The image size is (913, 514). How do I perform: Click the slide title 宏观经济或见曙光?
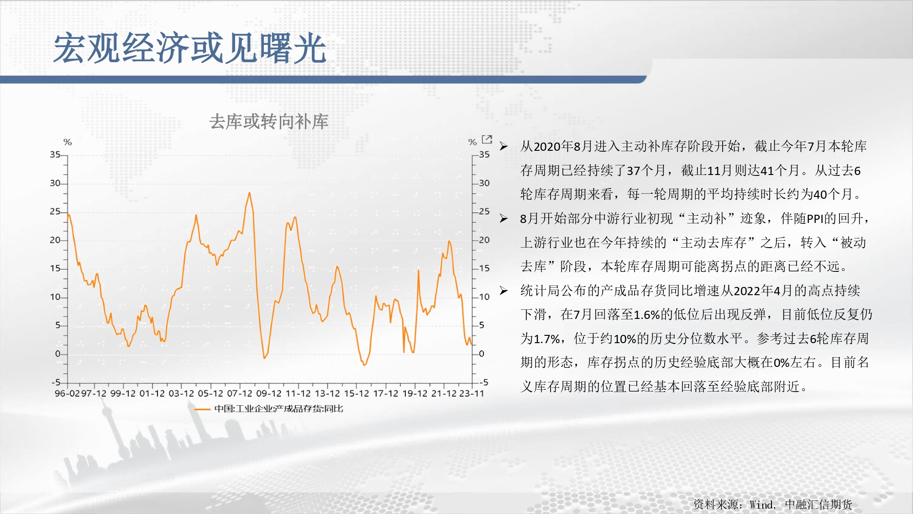click(x=190, y=48)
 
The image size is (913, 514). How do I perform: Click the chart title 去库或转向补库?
click(x=269, y=122)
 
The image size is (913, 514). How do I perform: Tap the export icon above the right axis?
click(x=487, y=139)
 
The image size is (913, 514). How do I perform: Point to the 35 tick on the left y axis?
click(x=55, y=154)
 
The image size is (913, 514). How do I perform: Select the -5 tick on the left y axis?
click(x=56, y=382)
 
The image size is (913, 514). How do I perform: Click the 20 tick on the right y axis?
click(x=484, y=240)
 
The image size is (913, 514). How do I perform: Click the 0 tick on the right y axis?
click(x=482, y=354)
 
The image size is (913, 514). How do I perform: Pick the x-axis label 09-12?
click(x=269, y=393)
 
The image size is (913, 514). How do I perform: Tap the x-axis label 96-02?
click(x=67, y=393)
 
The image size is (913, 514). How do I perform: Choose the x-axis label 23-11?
click(x=472, y=393)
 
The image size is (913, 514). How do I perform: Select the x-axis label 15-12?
click(x=357, y=393)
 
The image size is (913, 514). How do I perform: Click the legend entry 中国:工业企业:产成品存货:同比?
click(x=278, y=408)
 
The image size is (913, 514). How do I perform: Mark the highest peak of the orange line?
click(x=249, y=193)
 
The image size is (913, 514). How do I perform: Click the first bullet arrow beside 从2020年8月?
click(x=504, y=146)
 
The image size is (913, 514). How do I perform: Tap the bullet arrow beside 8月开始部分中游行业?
click(x=504, y=218)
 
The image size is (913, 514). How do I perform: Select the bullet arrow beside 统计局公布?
click(x=504, y=291)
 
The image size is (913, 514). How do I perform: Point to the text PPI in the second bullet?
click(x=815, y=219)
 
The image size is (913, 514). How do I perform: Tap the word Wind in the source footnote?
click(x=761, y=505)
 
